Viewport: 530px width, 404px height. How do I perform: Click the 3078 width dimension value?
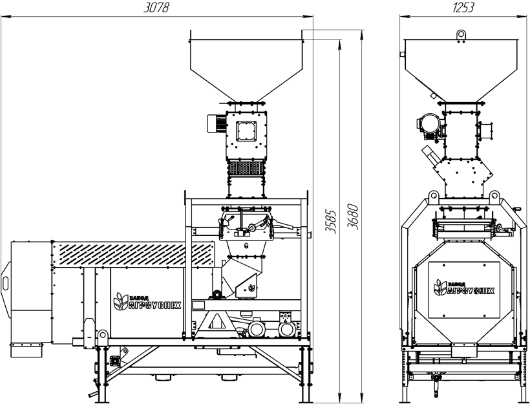(156, 8)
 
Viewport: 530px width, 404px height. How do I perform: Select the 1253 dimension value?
(463, 8)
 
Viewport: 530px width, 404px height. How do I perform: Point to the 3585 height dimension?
(331, 222)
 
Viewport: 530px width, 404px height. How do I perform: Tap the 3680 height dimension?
(352, 217)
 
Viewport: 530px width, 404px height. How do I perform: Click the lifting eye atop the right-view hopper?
(461, 35)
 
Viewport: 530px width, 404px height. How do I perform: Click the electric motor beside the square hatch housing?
(217, 123)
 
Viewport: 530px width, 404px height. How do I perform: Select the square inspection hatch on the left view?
(246, 131)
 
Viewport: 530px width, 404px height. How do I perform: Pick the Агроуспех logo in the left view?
(147, 301)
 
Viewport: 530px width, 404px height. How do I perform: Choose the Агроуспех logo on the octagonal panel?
(464, 288)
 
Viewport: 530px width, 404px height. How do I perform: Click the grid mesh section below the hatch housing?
(246, 167)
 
